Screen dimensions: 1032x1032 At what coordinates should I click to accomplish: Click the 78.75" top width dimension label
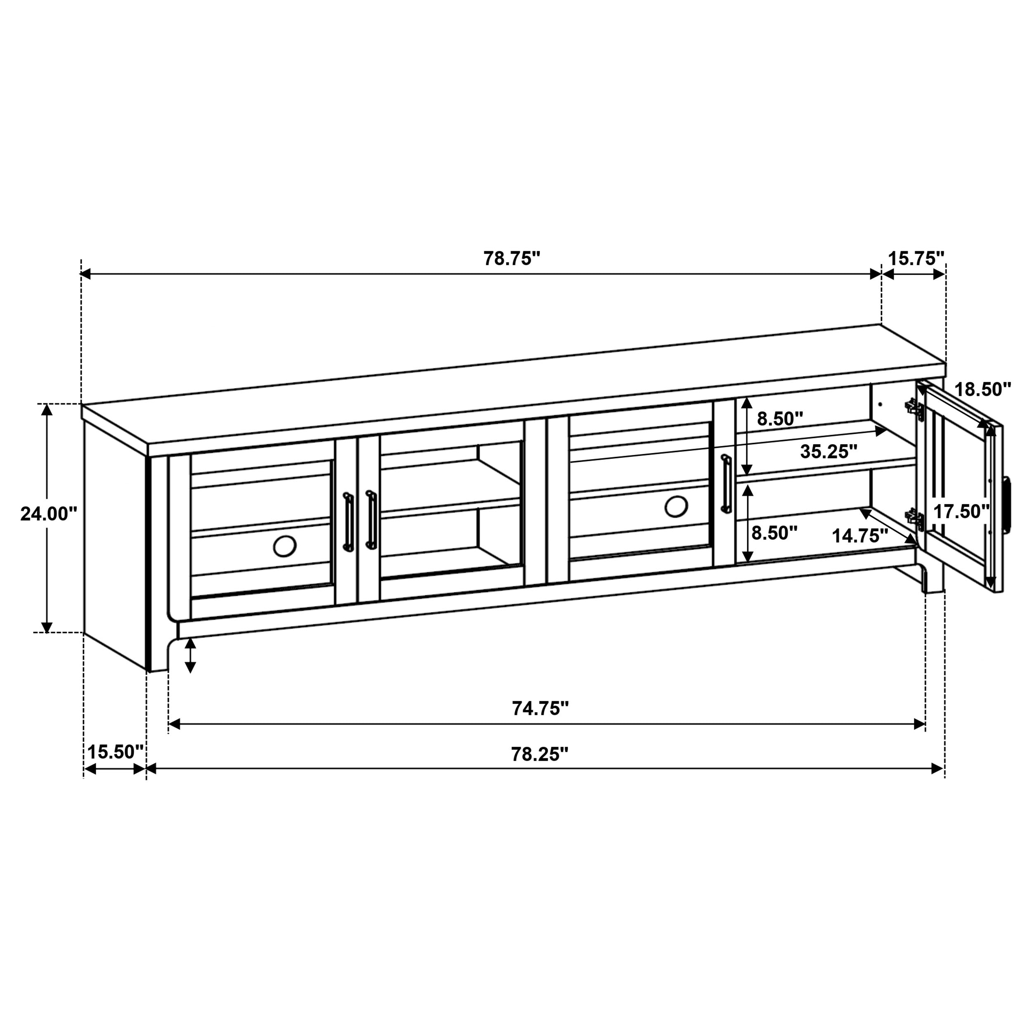click(x=512, y=258)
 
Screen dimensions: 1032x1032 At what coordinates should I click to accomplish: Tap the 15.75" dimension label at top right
click(x=916, y=258)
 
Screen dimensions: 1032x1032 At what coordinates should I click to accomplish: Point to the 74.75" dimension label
click(x=540, y=708)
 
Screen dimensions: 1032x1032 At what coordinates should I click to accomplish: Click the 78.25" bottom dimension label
click(x=540, y=754)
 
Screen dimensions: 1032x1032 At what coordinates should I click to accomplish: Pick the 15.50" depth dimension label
click(x=116, y=752)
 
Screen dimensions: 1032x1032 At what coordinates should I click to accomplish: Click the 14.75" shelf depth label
click(x=859, y=536)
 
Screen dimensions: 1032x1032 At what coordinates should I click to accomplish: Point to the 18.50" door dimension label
click(x=983, y=389)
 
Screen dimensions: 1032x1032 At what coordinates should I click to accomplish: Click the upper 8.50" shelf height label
click(x=780, y=419)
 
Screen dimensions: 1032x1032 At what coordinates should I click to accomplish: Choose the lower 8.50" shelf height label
click(x=774, y=533)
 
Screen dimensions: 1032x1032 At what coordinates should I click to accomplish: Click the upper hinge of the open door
click(x=914, y=409)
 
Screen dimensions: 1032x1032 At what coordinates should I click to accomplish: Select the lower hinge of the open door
click(x=914, y=518)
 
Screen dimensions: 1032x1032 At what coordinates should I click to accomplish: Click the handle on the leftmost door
click(x=348, y=521)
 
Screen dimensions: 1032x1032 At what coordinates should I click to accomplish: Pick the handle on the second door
click(x=371, y=519)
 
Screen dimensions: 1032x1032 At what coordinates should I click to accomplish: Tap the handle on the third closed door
click(x=725, y=485)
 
